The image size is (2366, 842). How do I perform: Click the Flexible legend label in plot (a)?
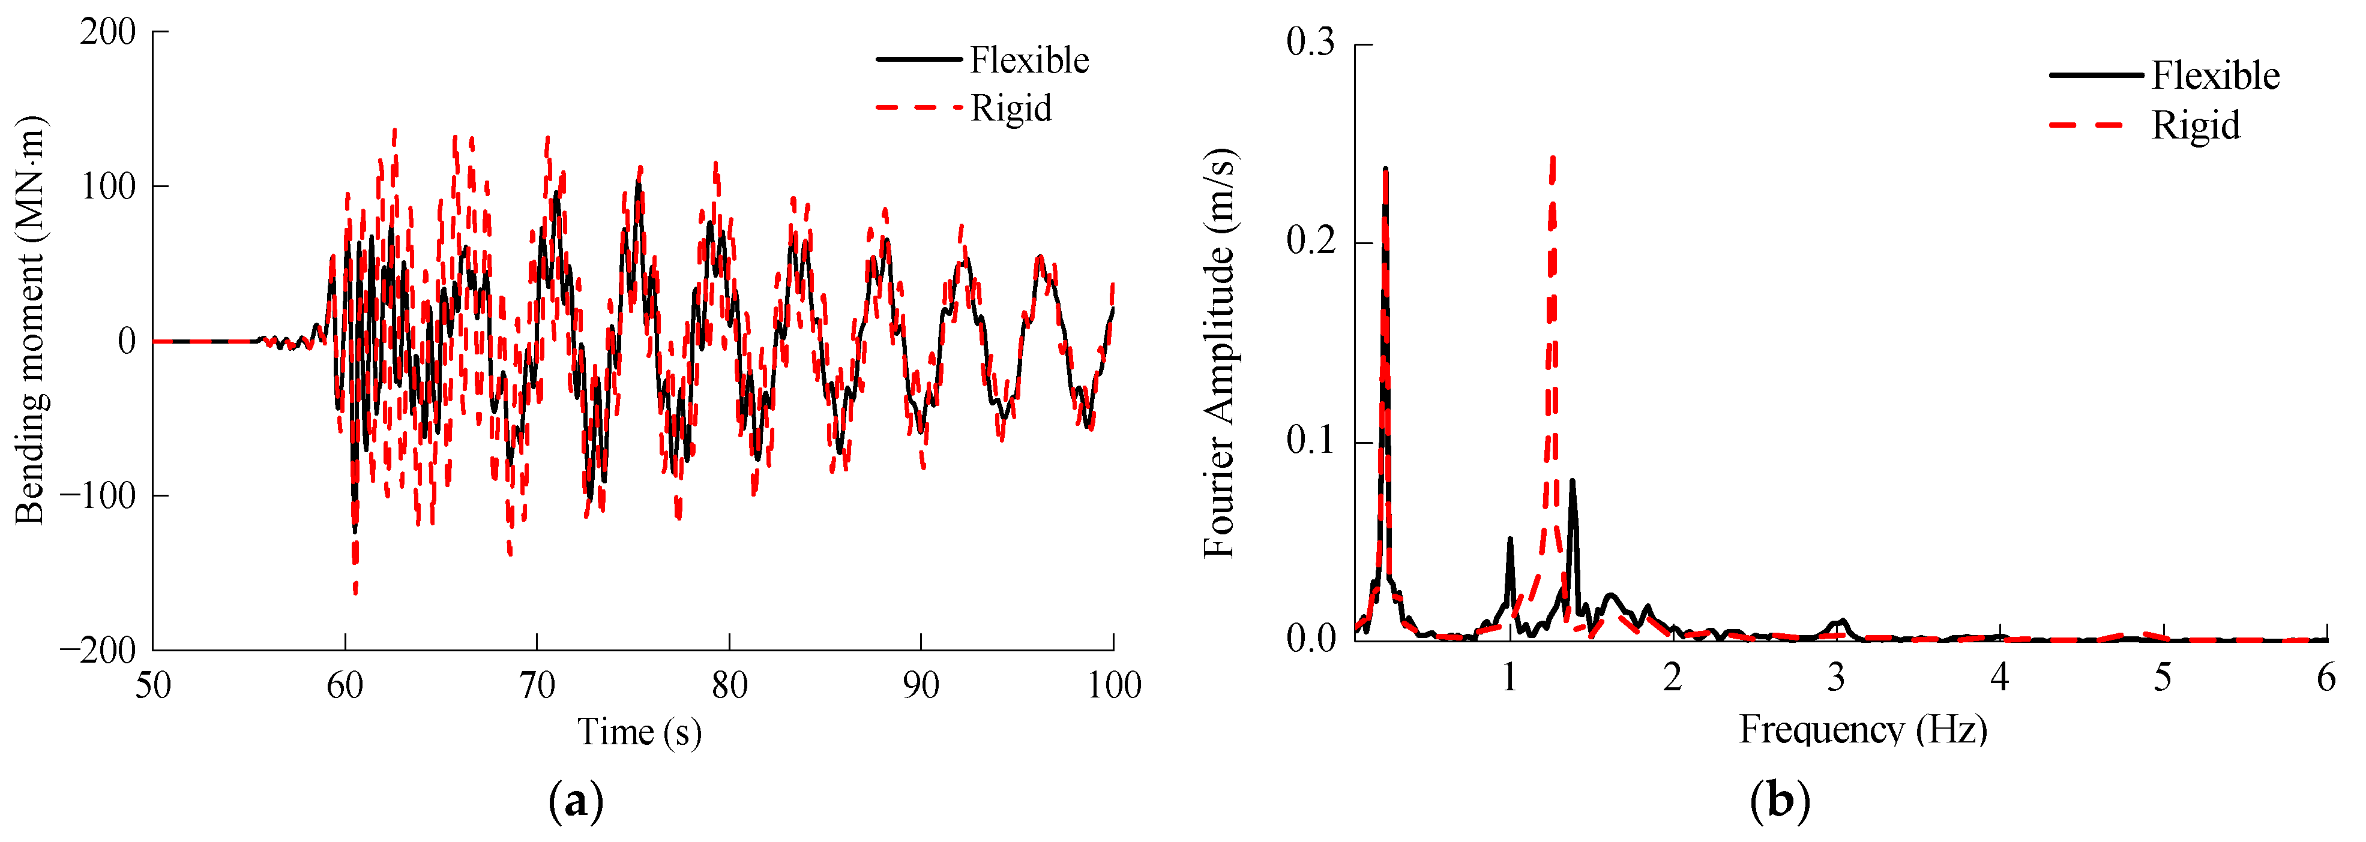point(1029,61)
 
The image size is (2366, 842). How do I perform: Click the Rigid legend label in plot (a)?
point(1010,109)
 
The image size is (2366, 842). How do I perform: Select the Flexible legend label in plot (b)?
point(2215,76)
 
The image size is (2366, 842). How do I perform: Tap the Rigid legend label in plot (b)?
point(2194,125)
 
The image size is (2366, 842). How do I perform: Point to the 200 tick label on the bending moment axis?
point(107,32)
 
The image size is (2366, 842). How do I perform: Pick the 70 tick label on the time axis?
point(537,685)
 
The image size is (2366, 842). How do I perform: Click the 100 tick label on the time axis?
point(1113,685)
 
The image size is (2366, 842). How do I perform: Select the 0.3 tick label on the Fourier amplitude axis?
point(1310,43)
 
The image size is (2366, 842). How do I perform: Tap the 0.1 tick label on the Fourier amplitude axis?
point(1310,441)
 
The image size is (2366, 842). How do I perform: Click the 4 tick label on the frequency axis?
point(1999,678)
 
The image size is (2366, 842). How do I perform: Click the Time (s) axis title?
point(639,732)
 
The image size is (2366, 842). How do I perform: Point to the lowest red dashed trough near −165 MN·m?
point(355,590)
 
